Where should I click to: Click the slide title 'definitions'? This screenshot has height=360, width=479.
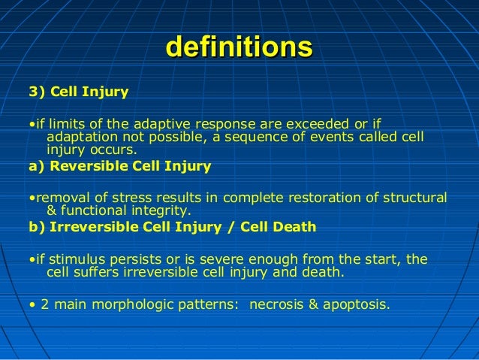(239, 47)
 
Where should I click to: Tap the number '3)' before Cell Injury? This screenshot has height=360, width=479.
(37, 92)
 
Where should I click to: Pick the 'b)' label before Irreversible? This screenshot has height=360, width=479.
(36, 227)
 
